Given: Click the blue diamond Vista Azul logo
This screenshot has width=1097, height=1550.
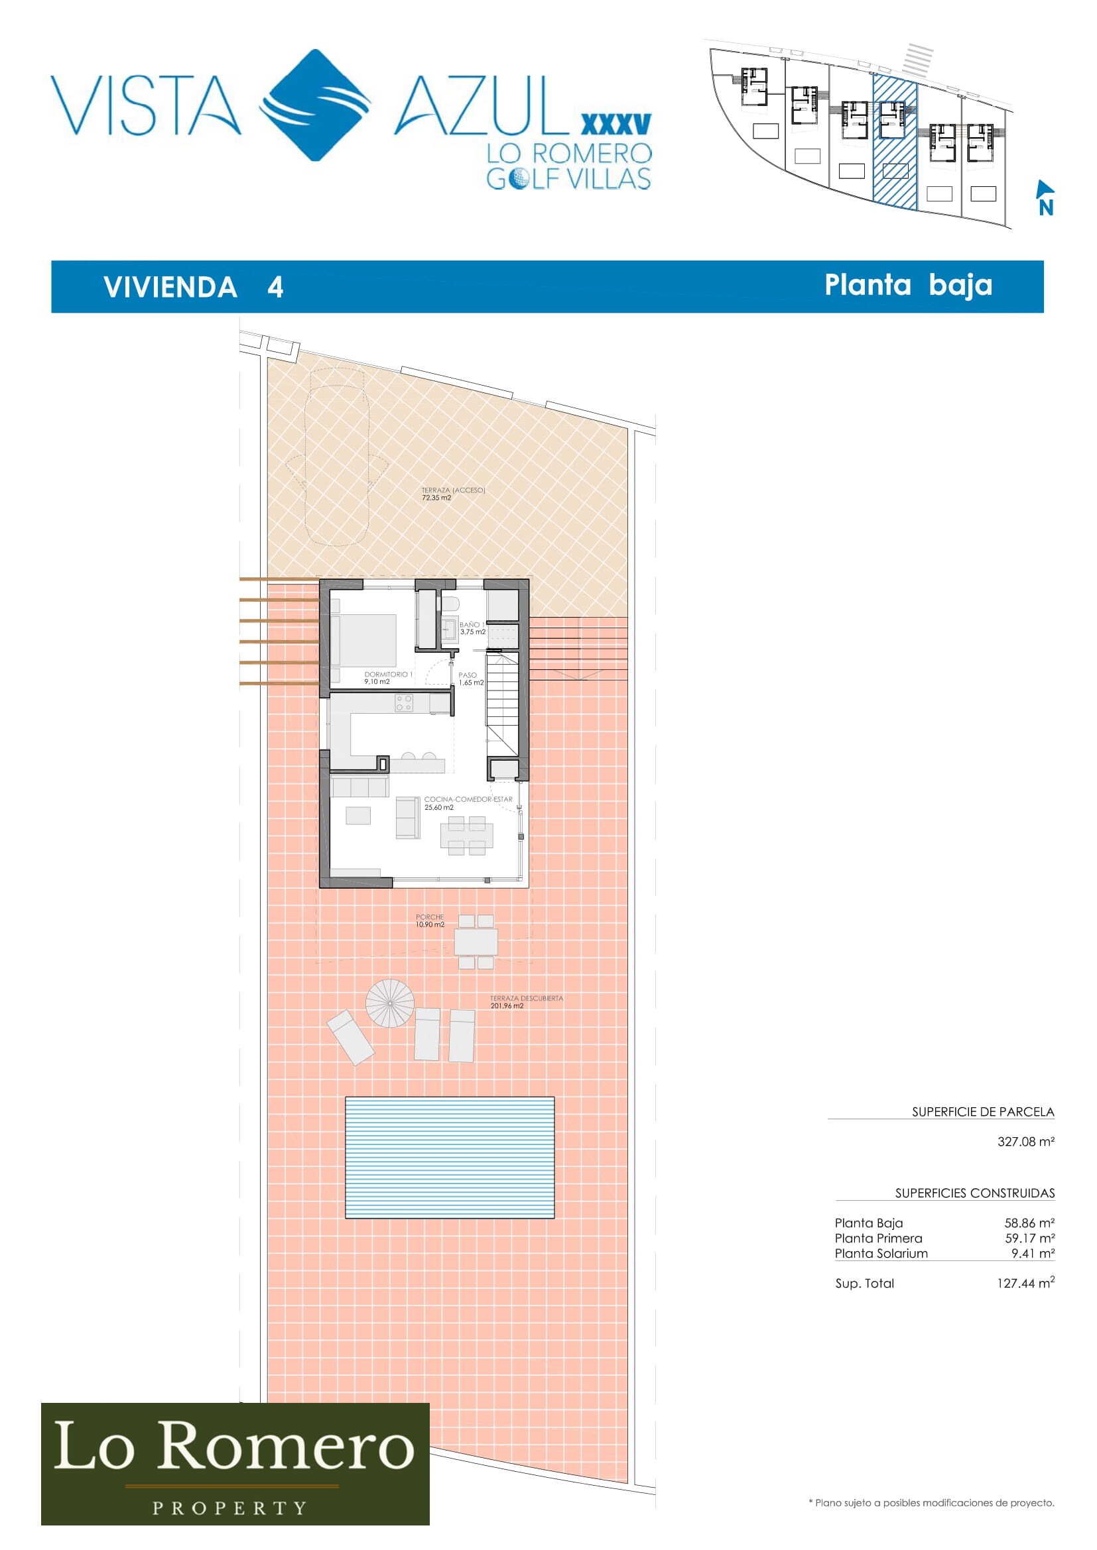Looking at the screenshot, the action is tap(316, 105).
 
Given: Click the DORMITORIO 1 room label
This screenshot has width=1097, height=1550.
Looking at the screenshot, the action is tap(388, 678).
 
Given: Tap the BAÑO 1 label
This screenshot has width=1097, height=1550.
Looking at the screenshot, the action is tap(472, 628).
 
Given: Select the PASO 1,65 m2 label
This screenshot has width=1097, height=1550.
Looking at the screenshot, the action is tap(471, 679).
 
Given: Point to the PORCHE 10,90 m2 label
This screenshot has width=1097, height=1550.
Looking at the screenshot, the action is tap(430, 921).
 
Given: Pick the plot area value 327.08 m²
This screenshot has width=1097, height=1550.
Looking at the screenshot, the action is tap(1026, 1142).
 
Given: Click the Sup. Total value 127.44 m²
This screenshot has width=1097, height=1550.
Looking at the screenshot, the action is tap(1025, 1283).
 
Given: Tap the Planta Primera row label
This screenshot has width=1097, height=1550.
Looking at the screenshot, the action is tap(878, 1238).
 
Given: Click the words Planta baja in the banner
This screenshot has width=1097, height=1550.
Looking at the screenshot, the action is tap(909, 285).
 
